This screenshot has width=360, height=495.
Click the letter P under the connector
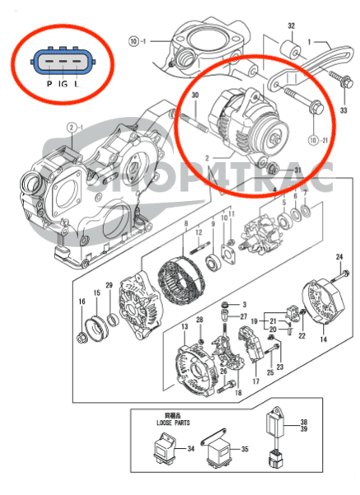pos(50,83)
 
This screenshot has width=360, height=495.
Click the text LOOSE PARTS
pos(167,421)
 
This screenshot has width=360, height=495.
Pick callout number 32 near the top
pos(290,26)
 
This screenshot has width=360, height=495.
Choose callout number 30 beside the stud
pos(195,97)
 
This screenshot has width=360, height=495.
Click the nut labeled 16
pos(83,337)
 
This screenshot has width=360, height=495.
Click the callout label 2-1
pos(72,127)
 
